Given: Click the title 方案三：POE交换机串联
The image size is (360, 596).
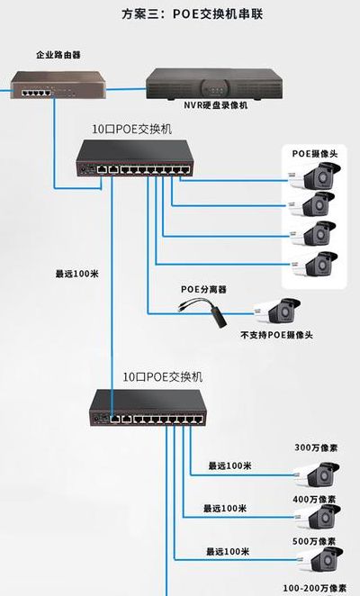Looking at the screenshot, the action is pyautogui.click(x=192, y=14).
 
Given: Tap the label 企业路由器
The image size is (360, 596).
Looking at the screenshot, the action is pyautogui.click(x=58, y=55).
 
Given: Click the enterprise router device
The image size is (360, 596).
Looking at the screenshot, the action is pyautogui.click(x=58, y=85).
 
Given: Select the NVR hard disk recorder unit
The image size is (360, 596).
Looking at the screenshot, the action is pyautogui.click(x=214, y=84).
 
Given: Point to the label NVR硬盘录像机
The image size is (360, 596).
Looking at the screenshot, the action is pyautogui.click(x=215, y=105).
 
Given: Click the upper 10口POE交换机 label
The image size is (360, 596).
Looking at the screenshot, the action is pyautogui.click(x=132, y=130).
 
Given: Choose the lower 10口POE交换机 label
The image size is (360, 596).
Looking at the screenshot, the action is pyautogui.click(x=162, y=376).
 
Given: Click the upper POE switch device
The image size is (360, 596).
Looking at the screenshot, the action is pyautogui.click(x=135, y=158).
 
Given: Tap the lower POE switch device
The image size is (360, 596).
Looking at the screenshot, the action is pyautogui.click(x=148, y=408).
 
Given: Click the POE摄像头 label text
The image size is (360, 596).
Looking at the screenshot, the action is pyautogui.click(x=315, y=154).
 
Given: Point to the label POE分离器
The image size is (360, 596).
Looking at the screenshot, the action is pyautogui.click(x=203, y=290).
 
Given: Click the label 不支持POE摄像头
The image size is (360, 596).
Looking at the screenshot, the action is pyautogui.click(x=276, y=335).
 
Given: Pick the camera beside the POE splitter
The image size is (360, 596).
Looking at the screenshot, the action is pyautogui.click(x=277, y=311).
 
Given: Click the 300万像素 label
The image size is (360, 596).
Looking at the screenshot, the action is pyautogui.click(x=316, y=447).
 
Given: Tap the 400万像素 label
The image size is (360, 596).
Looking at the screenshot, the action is pyautogui.click(x=314, y=499).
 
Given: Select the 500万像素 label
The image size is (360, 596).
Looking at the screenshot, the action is pyautogui.click(x=314, y=541).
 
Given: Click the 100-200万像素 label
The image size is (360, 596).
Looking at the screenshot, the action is pyautogui.click(x=315, y=588).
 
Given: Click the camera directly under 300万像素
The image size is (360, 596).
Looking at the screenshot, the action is pyautogui.click(x=317, y=474).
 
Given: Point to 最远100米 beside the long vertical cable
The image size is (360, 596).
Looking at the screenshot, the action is pyautogui.click(x=77, y=274).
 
